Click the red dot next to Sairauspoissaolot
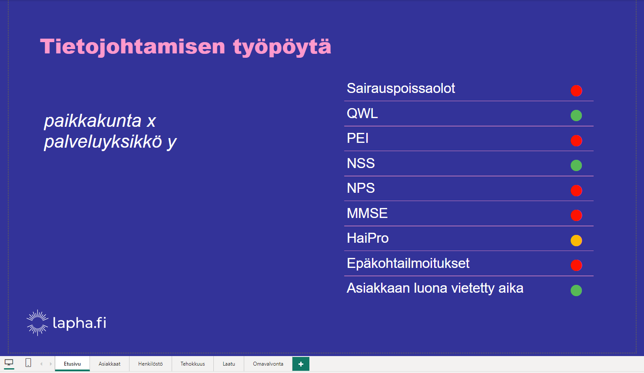point(576,90)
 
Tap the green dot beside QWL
point(576,116)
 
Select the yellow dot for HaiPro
point(576,241)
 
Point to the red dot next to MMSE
point(576,215)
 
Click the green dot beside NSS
point(576,165)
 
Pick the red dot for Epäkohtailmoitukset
point(576,265)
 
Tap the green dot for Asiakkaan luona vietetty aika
point(576,290)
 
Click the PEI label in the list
point(357,138)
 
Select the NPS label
point(361,188)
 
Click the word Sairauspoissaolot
point(401,89)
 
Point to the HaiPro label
point(368,238)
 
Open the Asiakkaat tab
point(110,364)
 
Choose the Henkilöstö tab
point(150,364)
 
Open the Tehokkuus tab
point(193,364)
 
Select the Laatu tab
point(229,364)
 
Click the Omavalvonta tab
point(268,364)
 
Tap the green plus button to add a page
point(301,364)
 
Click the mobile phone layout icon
point(28,363)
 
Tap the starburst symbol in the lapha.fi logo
point(37,323)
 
